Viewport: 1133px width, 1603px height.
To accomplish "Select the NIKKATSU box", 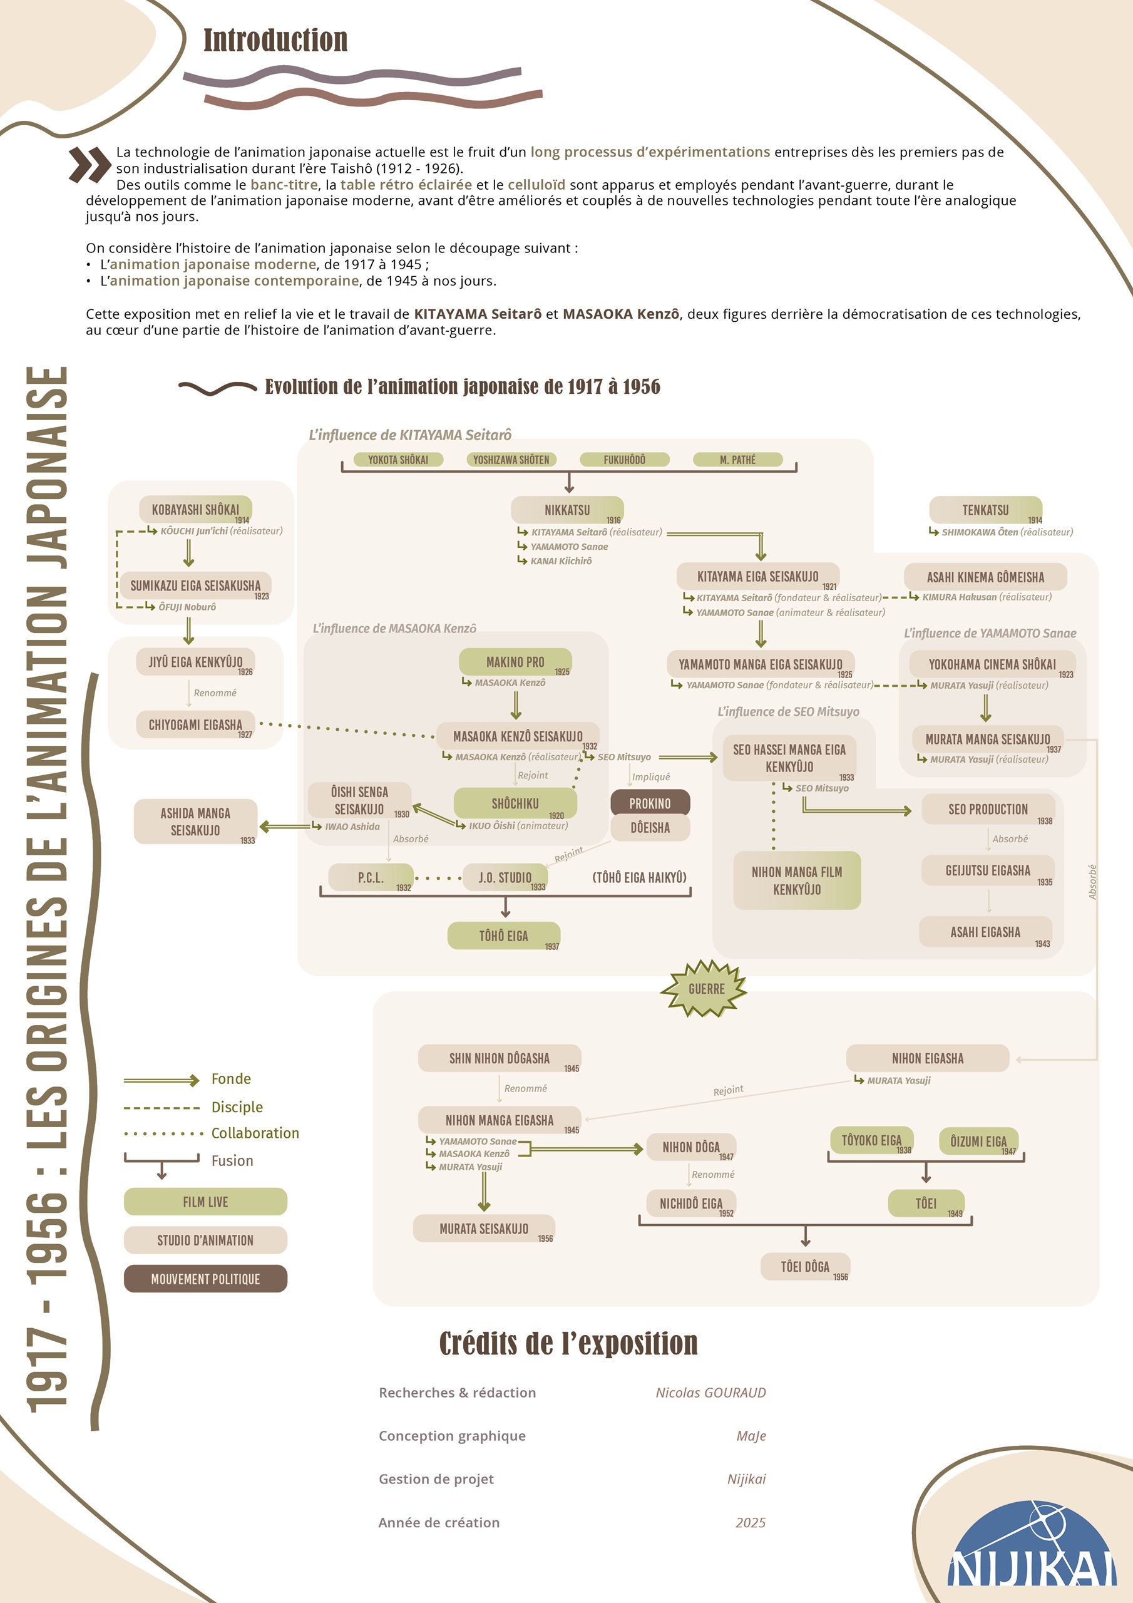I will (567, 510).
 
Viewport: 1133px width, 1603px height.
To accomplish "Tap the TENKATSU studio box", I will (985, 510).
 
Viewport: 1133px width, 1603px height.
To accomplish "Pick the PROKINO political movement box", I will (650, 803).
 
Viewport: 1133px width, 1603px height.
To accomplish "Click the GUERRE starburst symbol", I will (705, 989).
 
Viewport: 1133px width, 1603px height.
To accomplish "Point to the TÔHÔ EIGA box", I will (503, 936).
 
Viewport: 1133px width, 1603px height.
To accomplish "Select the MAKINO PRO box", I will (515, 662).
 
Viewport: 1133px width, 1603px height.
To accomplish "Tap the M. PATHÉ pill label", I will (737, 460).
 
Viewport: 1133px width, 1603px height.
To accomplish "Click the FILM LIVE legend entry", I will (205, 1202).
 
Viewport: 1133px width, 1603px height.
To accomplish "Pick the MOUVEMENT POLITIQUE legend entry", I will (205, 1279).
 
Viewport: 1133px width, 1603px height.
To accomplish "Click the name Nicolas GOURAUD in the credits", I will (710, 1392).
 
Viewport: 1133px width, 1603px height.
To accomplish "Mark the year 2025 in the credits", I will (751, 1522).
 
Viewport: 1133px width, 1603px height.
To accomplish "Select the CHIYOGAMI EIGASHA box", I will (195, 724).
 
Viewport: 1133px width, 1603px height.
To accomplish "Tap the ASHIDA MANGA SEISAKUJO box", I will (195, 822).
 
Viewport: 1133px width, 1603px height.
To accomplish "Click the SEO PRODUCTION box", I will (988, 809).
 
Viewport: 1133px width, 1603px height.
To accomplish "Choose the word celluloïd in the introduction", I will (536, 184).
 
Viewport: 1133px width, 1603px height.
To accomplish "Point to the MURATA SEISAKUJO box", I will (484, 1228).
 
